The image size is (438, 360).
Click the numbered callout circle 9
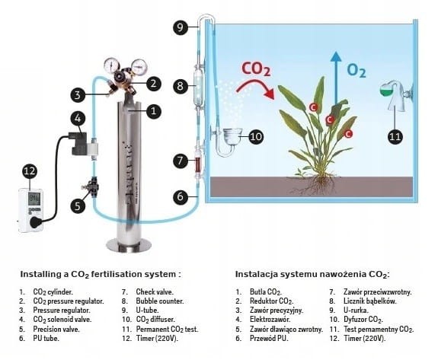coord(181,27)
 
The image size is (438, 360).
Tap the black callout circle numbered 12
coord(30,170)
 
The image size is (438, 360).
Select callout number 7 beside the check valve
coord(181,161)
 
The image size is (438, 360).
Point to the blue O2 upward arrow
coord(336,78)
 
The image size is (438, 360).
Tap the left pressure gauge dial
coord(111,65)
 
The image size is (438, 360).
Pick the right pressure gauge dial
coord(139,66)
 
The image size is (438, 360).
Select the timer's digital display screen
coord(34,199)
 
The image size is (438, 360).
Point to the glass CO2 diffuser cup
coord(232,136)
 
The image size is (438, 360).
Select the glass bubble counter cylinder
coord(199,88)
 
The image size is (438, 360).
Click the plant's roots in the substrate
coord(315,184)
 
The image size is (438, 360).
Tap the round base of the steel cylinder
coord(129,246)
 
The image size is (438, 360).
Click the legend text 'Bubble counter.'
coord(160,301)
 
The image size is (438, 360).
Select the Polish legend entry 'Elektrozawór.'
coord(270,319)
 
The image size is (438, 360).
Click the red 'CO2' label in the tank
coord(256,69)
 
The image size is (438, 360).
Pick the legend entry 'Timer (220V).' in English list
coord(157,338)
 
